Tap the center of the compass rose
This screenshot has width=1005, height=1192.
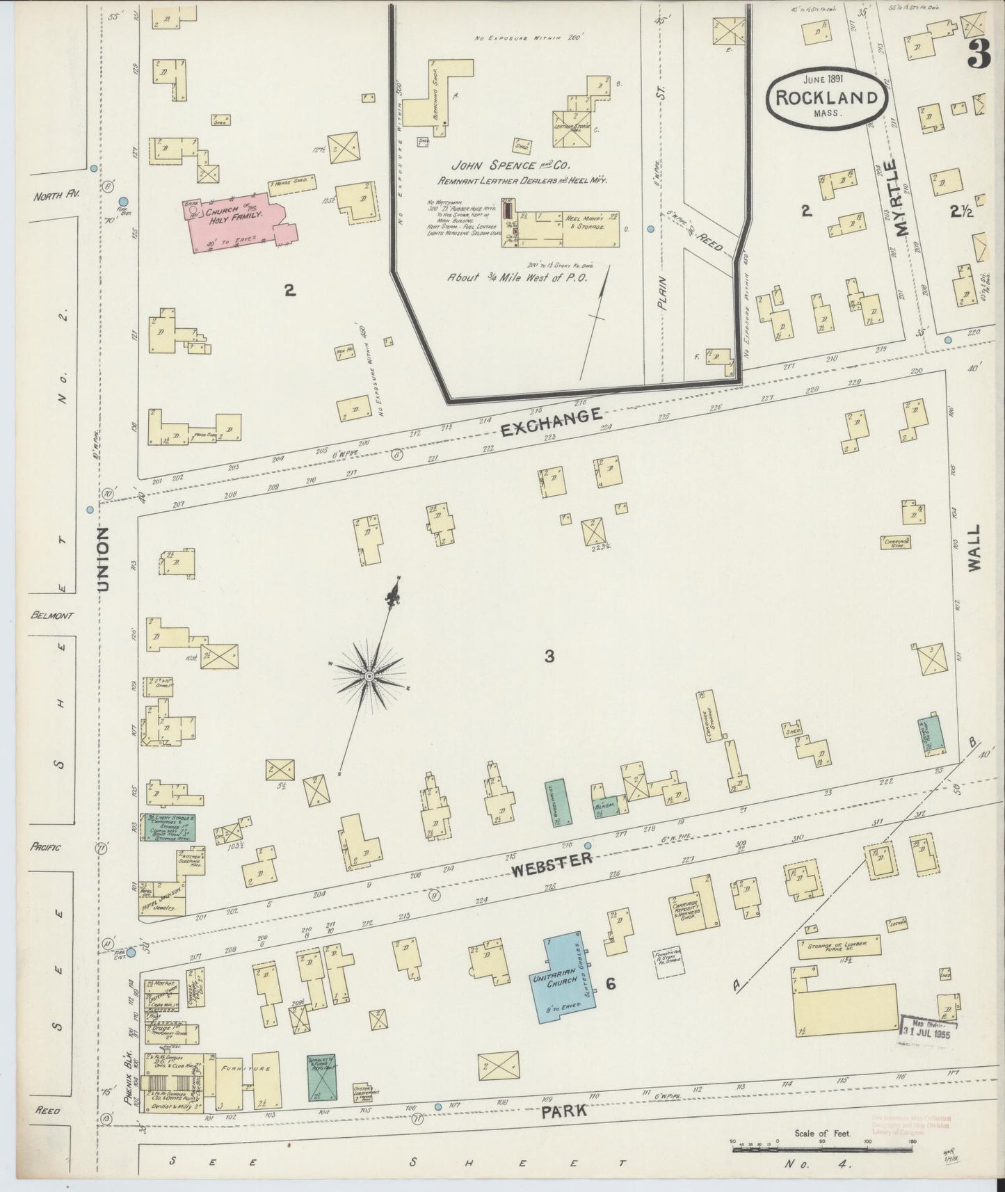(x=369, y=675)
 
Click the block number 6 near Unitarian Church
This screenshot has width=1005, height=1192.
(x=610, y=983)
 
